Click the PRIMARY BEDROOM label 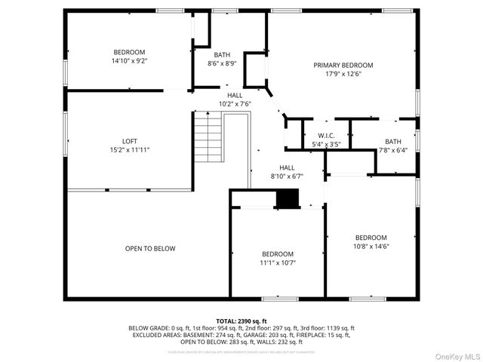point(343,66)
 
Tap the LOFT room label point(130,141)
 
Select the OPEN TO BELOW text point(150,248)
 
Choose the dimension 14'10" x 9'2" point(129,61)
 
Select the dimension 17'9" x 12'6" point(343,75)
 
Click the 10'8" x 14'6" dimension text point(371,246)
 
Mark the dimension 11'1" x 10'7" point(278,262)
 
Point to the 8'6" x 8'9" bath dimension point(222,63)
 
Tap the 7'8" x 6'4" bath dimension point(393,150)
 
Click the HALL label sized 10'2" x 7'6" point(235,95)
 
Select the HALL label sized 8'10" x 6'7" point(287,167)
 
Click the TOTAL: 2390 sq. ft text point(241,321)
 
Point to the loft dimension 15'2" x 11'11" point(130,150)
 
